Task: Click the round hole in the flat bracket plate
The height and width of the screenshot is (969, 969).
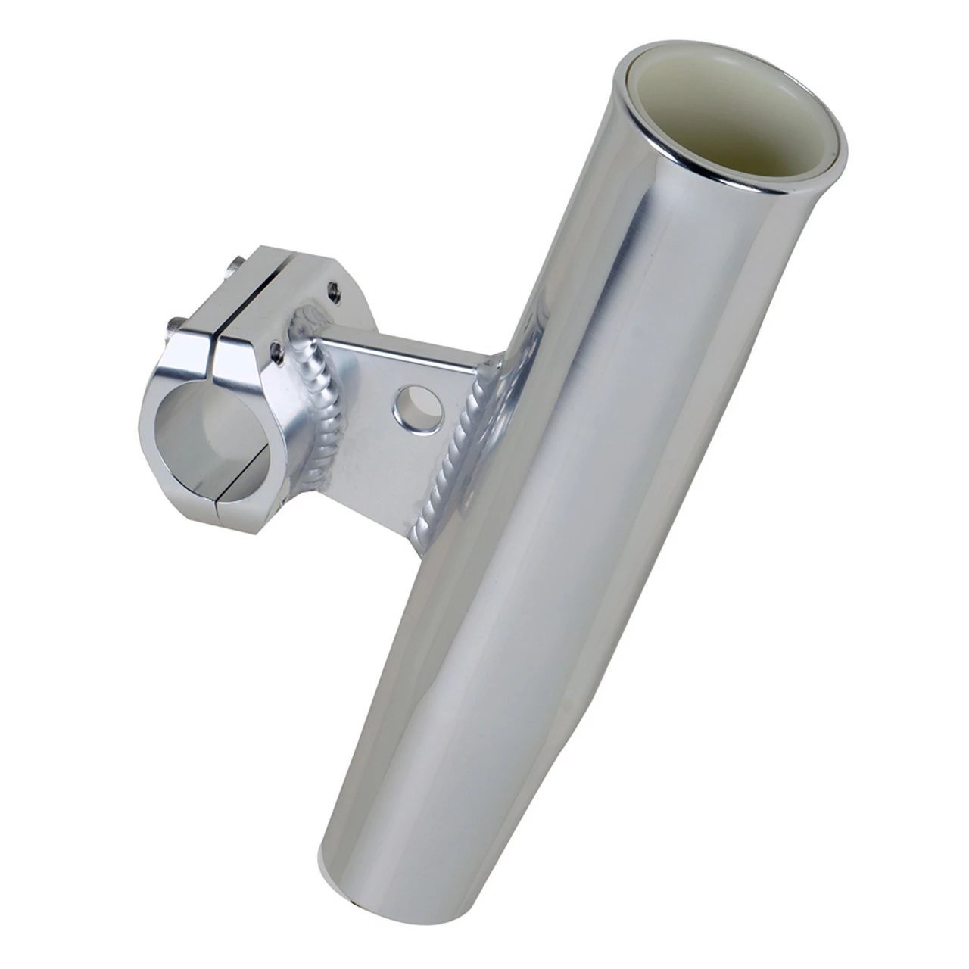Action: (x=410, y=408)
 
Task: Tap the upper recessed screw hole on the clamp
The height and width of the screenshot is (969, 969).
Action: (x=331, y=288)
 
